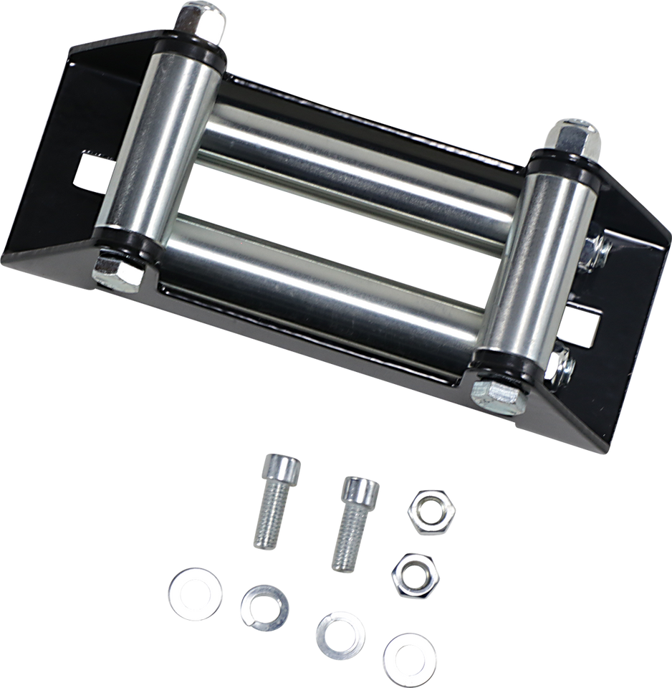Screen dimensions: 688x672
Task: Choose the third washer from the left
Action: pyautogui.click(x=340, y=630)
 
